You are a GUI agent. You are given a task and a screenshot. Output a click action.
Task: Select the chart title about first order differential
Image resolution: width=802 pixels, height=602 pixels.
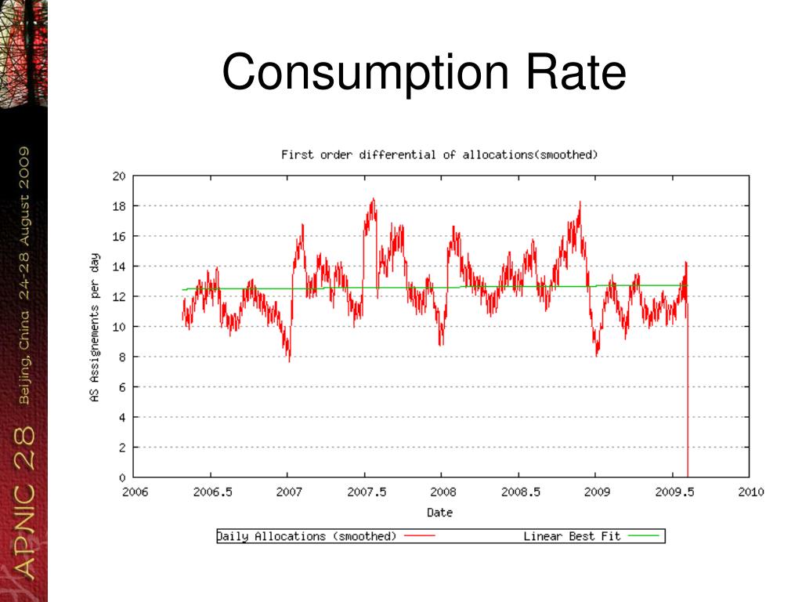click(439, 154)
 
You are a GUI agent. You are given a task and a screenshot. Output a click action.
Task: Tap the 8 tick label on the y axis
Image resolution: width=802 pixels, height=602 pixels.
click(122, 357)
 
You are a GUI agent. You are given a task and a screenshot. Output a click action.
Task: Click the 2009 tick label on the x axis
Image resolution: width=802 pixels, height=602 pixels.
click(596, 492)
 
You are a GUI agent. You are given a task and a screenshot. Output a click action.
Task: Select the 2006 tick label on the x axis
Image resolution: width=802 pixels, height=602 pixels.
click(134, 492)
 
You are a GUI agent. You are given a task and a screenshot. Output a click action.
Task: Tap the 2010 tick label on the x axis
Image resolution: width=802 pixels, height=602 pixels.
click(750, 492)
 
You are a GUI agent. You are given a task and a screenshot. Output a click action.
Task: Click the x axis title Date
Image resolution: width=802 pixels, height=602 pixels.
click(439, 513)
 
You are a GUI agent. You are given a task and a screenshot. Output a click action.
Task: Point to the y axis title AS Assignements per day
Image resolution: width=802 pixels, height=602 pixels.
click(95, 327)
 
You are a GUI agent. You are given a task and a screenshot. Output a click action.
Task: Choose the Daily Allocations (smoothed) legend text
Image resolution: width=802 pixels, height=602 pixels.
click(307, 536)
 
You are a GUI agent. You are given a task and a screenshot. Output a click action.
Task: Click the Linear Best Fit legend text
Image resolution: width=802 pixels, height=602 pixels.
click(572, 536)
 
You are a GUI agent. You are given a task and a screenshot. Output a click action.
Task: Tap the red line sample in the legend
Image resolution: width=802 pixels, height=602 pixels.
click(420, 537)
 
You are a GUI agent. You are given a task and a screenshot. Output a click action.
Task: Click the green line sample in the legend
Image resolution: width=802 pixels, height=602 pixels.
click(644, 537)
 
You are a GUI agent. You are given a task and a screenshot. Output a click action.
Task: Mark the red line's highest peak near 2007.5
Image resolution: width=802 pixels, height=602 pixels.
click(373, 199)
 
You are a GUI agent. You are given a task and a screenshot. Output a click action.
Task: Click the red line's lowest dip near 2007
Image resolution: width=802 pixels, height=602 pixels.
click(289, 361)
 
